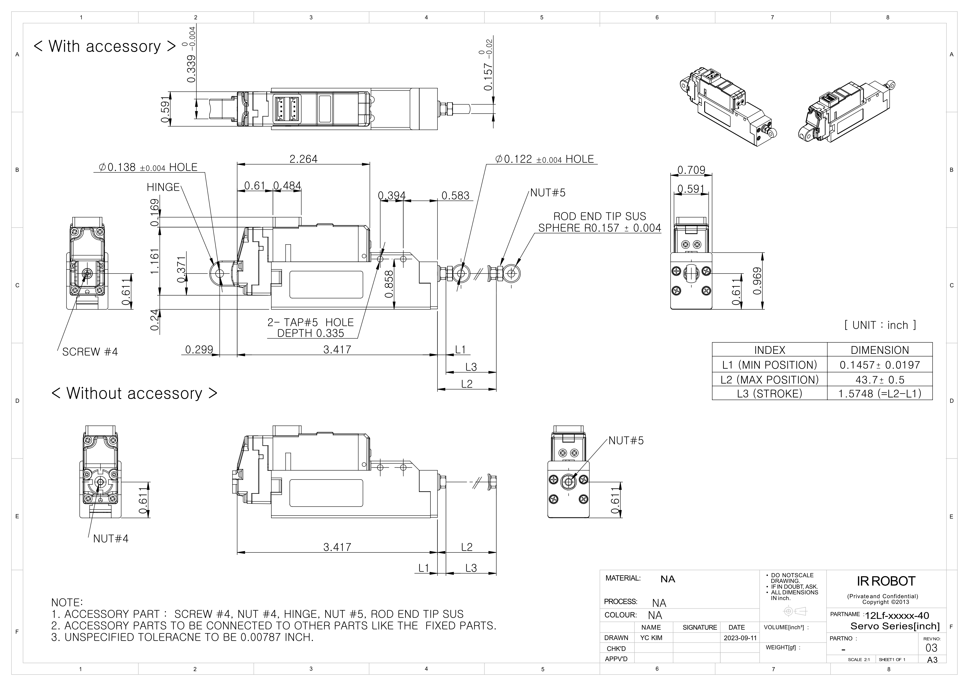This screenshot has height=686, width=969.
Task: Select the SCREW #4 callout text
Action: (90, 352)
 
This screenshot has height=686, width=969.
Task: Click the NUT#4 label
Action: (111, 539)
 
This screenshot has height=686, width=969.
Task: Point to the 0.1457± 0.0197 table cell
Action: (880, 365)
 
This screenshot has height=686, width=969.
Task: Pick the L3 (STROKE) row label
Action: (769, 394)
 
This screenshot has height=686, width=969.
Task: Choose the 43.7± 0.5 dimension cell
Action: (880, 380)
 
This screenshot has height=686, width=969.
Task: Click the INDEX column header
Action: (769, 350)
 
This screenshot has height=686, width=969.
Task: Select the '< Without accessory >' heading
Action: (134, 393)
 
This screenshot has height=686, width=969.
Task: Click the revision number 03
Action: (931, 648)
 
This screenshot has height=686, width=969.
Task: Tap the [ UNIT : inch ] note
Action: (880, 325)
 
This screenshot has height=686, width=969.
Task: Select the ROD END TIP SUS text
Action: (599, 216)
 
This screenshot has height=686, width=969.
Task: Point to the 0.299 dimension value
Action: (199, 350)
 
